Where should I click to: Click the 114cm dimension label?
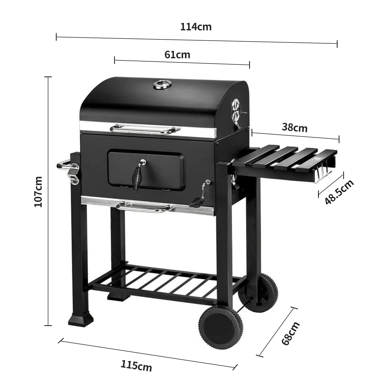pos(196,27)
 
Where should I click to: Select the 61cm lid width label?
pos(177,55)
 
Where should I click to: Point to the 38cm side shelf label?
pos(295,128)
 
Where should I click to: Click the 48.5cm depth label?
pos(339,192)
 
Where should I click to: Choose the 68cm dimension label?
pos(290,333)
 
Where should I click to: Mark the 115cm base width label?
pos(136,366)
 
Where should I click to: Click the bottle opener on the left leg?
pos(74,175)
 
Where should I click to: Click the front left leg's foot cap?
pos(81,319)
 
